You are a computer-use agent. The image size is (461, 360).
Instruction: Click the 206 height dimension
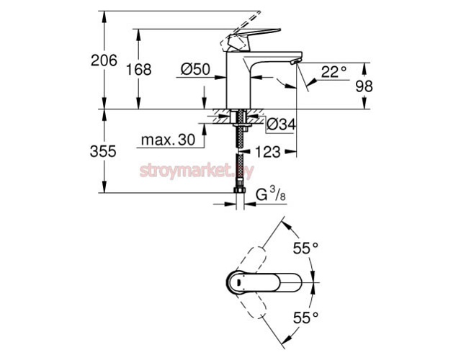coord(103,60)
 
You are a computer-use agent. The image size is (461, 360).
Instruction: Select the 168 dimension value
coord(138,70)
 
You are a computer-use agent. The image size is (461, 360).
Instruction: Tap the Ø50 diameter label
coord(194,69)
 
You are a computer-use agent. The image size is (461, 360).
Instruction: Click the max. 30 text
coord(168,140)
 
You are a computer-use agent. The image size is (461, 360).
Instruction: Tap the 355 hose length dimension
coord(103,152)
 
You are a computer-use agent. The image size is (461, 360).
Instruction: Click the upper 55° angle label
coord(305,249)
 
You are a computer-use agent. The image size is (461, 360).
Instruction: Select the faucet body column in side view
coord(238,83)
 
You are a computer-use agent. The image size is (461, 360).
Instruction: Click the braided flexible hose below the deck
coord(238,162)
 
